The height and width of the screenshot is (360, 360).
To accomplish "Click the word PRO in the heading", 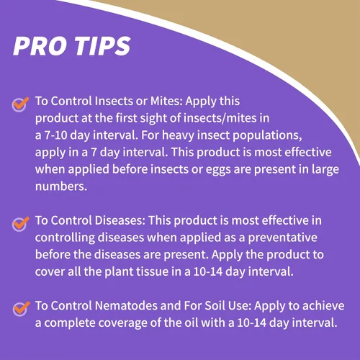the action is tap(40, 46).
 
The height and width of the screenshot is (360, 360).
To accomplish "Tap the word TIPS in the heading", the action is tap(102, 46).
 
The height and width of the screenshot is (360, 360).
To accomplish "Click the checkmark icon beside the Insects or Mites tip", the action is tap(20, 104).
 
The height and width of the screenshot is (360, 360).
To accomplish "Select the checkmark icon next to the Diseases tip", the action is tap(21, 224).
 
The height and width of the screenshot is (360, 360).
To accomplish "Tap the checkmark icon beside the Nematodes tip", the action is tap(21, 309).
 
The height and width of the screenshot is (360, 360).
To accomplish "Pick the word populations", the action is tap(266, 136).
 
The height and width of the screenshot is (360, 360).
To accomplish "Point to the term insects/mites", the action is tap(220, 118).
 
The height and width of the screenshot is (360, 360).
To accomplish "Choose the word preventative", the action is tap(282, 238).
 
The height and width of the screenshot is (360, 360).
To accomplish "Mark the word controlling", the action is tap(65, 238).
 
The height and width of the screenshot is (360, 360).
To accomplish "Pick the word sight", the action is tap(153, 119).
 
